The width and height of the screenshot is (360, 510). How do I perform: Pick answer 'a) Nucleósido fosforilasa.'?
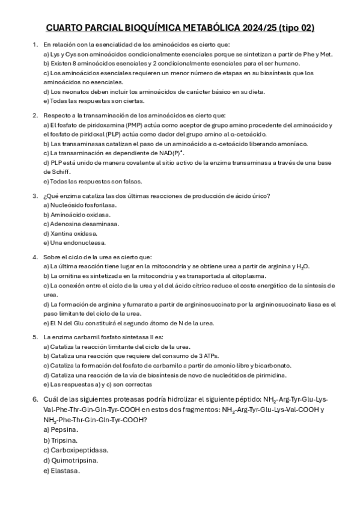click(80, 205)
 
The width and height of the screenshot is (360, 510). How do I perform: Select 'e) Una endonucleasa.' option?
click(75, 242)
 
